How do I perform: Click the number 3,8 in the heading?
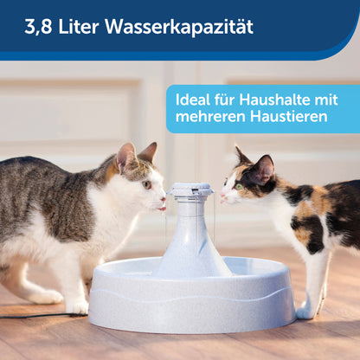point(39,27)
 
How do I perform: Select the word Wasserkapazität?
point(179,26)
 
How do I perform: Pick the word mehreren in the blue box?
point(210,117)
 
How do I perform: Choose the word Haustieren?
point(289,116)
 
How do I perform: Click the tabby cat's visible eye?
point(147,184)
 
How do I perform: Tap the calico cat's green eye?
point(239,187)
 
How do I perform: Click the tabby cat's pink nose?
point(164,199)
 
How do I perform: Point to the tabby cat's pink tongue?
point(162,209)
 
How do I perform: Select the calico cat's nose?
point(222,196)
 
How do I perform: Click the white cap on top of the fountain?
point(190,190)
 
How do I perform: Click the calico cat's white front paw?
point(306,312)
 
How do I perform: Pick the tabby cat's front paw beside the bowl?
point(76,308)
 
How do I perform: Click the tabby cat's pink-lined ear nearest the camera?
point(126,157)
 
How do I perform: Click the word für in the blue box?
point(224,100)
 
